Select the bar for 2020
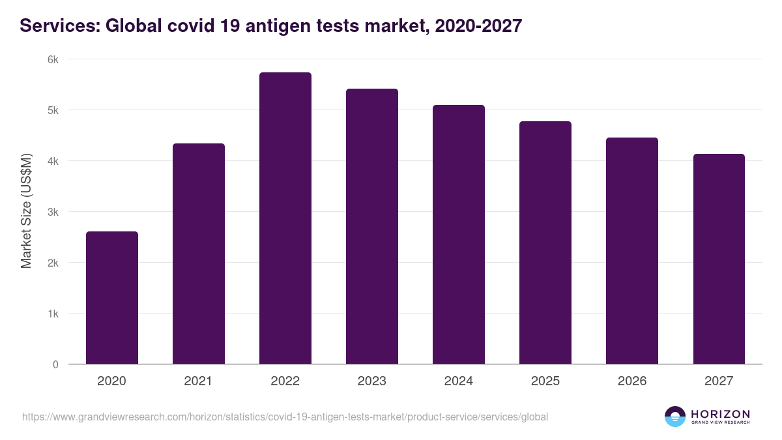[x=111, y=298]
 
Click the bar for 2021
[x=198, y=254]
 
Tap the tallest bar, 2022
[x=285, y=218]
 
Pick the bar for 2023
[x=371, y=226]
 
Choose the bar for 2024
[x=458, y=235]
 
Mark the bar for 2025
[x=545, y=242]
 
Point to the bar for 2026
[x=631, y=251]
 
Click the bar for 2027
[x=718, y=259]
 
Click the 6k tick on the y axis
[x=53, y=59]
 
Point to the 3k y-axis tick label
[x=53, y=212]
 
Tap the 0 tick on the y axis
[x=55, y=364]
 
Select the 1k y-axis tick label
[x=53, y=314]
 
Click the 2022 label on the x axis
[x=285, y=381]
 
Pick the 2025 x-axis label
[x=545, y=381]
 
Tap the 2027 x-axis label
[x=718, y=381]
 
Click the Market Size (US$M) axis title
[x=26, y=212]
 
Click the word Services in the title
[x=57, y=26]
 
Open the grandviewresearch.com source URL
[x=285, y=417]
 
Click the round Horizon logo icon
[x=675, y=417]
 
